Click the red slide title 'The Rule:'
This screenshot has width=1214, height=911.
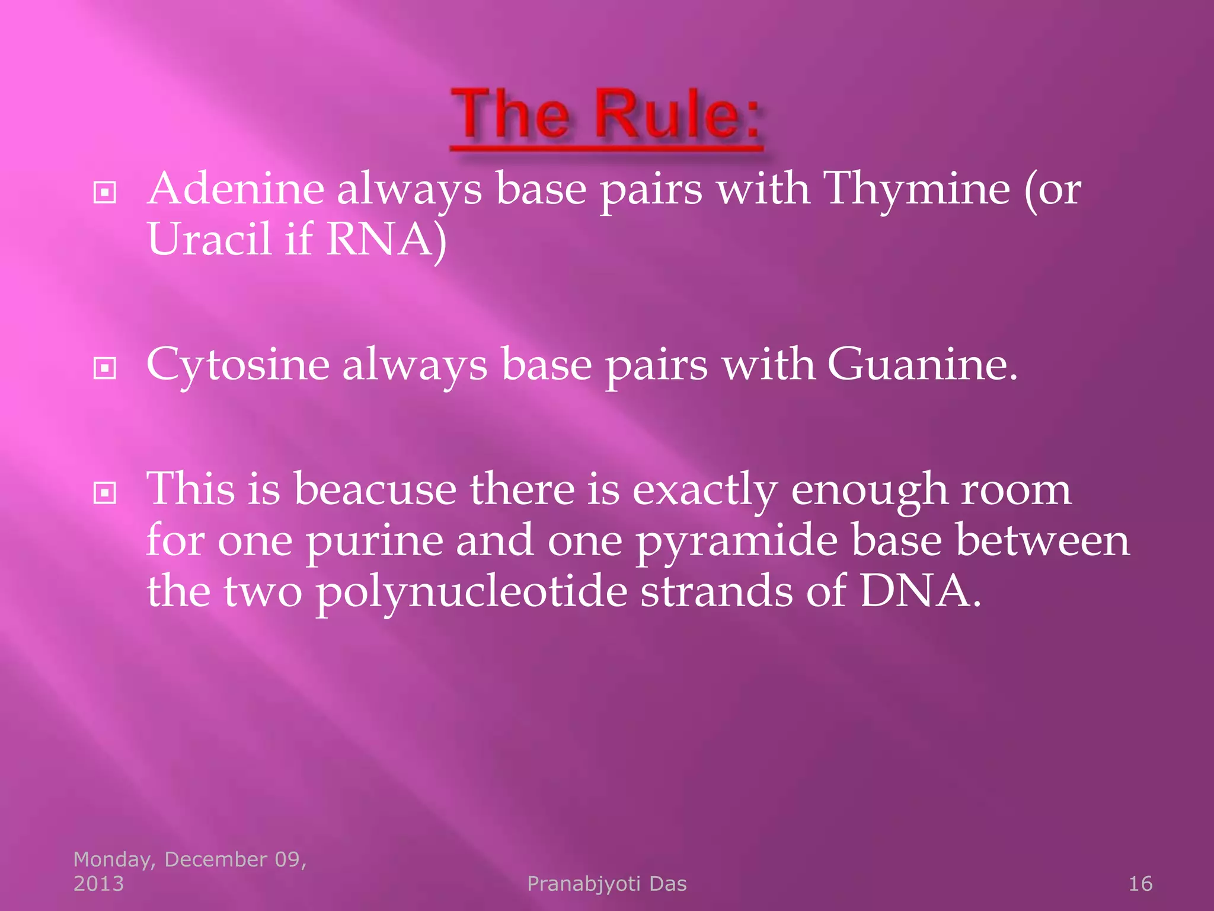[606, 116]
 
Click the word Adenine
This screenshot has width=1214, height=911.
[236, 190]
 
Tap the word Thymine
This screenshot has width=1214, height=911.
[918, 190]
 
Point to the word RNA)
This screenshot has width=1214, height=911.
[386, 240]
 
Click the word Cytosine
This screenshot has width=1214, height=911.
[238, 365]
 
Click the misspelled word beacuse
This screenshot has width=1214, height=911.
[375, 490]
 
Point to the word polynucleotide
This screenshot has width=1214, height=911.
[471, 592]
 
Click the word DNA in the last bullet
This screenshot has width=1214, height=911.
[919, 592]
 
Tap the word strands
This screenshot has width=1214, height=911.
[716, 592]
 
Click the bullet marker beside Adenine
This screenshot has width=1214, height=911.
[105, 192]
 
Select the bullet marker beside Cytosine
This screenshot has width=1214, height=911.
[105, 368]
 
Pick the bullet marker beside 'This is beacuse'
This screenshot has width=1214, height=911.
[105, 493]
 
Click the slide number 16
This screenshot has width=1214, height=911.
[1140, 884]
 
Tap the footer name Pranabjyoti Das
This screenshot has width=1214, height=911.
[606, 884]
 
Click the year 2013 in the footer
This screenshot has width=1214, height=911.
[98, 884]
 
